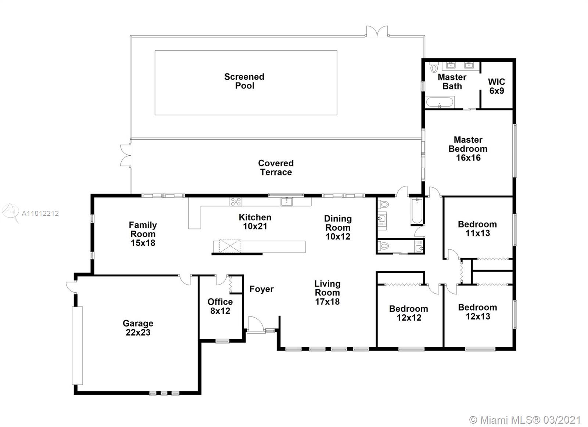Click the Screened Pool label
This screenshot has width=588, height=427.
(x=244, y=81)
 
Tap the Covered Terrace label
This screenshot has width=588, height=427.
(x=276, y=167)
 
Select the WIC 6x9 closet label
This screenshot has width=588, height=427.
(x=496, y=86)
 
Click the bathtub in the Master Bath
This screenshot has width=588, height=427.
(x=440, y=102)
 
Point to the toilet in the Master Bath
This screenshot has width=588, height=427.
(x=434, y=68)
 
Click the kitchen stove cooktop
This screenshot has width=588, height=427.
(x=236, y=202)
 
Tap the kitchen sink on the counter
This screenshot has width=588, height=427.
(x=287, y=202)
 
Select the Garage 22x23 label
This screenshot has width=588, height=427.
(x=138, y=328)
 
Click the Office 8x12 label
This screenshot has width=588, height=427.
(x=220, y=306)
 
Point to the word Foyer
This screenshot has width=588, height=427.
(x=261, y=289)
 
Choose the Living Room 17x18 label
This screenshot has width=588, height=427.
(x=327, y=293)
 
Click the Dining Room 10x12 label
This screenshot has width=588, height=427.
(x=338, y=227)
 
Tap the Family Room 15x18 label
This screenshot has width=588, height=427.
(x=143, y=234)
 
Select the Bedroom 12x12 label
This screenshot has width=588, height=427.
(x=409, y=313)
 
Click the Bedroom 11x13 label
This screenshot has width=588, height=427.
(x=477, y=229)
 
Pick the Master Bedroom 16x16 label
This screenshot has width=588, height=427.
(x=468, y=149)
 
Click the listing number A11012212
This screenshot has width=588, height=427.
(x=40, y=214)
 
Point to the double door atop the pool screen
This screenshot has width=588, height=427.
(x=377, y=31)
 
